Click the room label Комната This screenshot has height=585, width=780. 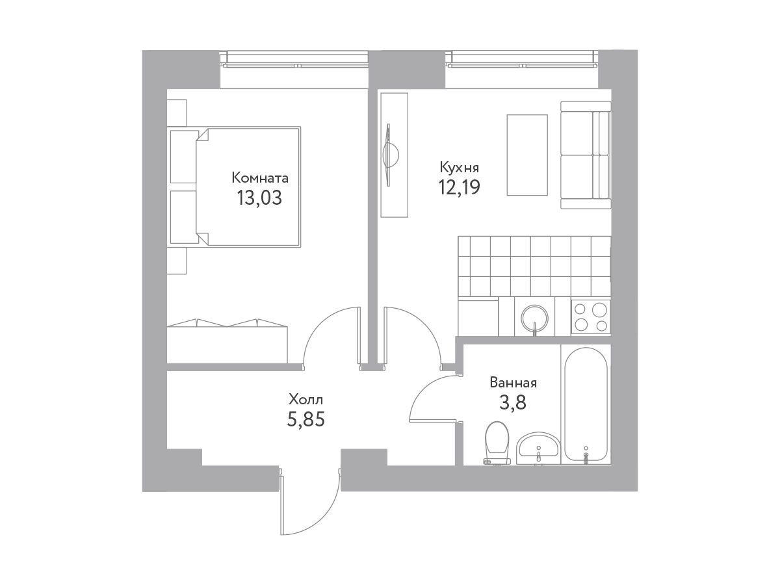click(260, 177)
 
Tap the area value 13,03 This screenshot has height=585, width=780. click(259, 198)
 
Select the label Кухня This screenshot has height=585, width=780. click(459, 168)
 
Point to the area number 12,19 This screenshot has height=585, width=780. click(459, 187)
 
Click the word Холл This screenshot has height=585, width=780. click(306, 400)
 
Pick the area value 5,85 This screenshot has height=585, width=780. click(305, 420)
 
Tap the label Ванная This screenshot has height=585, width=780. click(513, 383)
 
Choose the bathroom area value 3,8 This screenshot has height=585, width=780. click(513, 403)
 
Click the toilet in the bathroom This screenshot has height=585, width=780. click(497, 443)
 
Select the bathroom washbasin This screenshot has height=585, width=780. click(538, 448)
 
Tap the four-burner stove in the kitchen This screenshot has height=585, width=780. click(591, 317)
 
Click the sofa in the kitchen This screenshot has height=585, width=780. click(585, 155)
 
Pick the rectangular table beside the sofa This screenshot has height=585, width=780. click(527, 155)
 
